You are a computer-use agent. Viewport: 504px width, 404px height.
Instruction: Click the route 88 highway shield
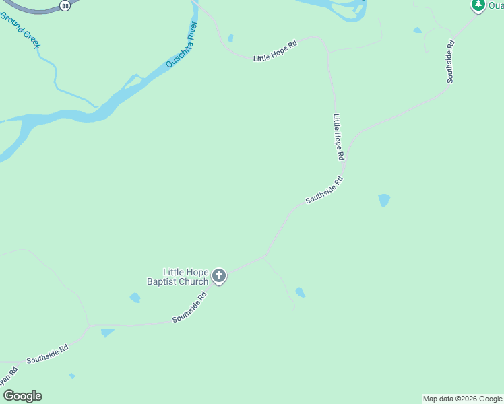65,5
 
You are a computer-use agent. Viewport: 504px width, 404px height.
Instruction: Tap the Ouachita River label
182,44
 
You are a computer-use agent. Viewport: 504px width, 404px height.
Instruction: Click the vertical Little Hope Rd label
339,137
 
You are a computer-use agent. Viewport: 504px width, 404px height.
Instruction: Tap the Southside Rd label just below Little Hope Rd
325,190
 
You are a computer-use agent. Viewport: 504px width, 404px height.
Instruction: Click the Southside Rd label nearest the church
189,308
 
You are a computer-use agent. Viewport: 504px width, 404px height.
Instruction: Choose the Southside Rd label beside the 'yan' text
48,354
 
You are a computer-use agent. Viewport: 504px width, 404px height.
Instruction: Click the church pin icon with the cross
218,275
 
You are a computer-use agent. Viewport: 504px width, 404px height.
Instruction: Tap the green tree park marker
478,5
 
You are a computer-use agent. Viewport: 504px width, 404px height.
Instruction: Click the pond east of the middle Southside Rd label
384,200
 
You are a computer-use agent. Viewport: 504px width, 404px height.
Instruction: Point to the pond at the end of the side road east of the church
300,292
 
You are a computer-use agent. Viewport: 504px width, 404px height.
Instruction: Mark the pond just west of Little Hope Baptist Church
135,298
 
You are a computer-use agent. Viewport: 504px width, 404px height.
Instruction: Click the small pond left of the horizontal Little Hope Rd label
230,38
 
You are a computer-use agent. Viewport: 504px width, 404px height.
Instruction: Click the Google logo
22,396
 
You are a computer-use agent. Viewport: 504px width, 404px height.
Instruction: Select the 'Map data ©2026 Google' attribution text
462,399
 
